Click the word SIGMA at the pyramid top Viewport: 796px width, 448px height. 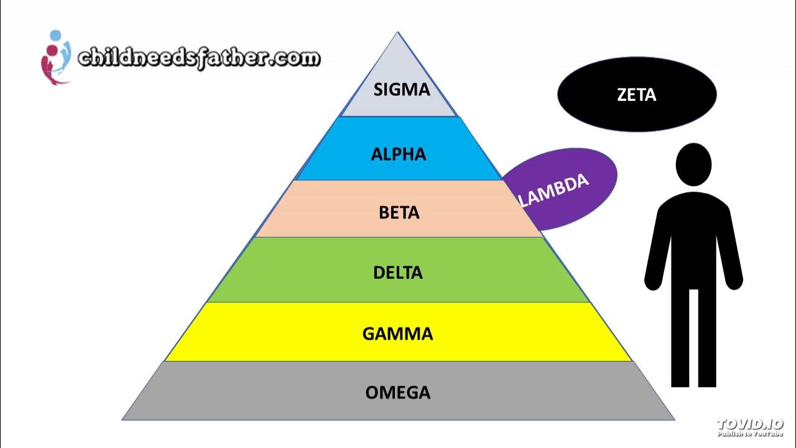click(401, 90)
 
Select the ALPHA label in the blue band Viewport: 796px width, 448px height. click(399, 154)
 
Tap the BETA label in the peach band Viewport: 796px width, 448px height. click(399, 213)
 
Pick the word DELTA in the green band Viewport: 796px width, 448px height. click(398, 273)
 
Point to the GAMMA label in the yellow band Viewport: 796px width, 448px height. click(398, 334)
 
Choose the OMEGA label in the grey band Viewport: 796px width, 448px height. click(398, 393)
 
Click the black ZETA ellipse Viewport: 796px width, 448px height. click(637, 95)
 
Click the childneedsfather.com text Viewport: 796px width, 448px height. click(198, 58)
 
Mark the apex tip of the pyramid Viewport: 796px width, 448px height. click(398, 32)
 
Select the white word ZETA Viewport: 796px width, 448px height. click(637, 95)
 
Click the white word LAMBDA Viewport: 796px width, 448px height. click(553, 190)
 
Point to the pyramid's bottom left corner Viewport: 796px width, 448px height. click(123, 419)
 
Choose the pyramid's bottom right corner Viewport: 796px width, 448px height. click(674, 419)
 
